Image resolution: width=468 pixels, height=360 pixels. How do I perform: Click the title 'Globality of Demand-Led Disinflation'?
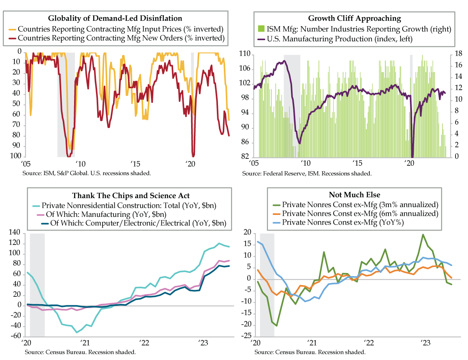point(115,18)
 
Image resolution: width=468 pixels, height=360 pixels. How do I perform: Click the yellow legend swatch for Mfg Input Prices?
point(12,29)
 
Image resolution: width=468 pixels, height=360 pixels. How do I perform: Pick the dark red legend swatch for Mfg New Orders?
point(12,38)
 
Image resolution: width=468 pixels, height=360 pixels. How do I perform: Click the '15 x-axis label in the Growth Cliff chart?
point(357,163)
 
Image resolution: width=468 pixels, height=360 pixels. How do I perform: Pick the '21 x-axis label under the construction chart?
point(85,344)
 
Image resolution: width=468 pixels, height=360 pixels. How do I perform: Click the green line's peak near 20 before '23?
point(423,234)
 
